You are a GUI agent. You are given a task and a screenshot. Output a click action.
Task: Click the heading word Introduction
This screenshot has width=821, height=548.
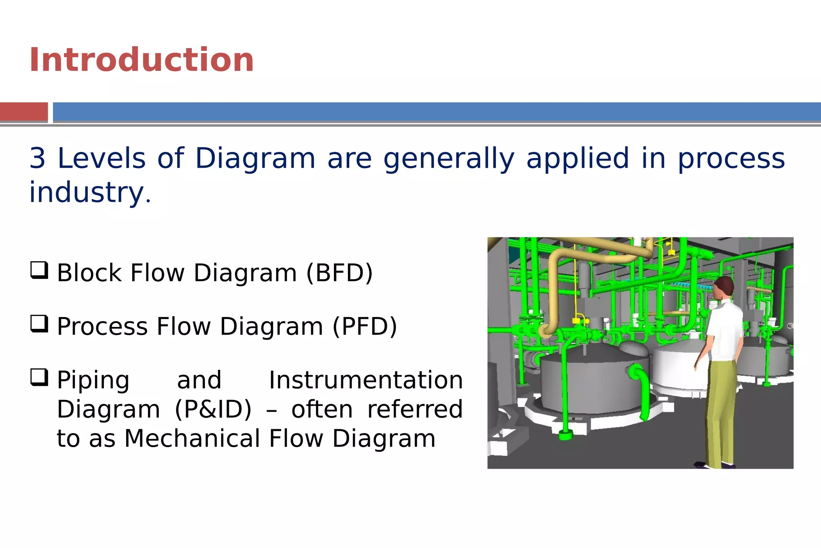141,60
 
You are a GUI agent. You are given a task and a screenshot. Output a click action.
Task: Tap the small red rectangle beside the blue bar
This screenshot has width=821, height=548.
24,112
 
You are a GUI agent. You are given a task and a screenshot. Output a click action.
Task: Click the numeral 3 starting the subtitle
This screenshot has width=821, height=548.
38,158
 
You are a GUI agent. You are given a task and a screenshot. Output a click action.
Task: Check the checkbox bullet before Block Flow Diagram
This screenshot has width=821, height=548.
39,270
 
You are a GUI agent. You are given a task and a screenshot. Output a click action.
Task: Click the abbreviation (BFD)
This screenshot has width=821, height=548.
339,273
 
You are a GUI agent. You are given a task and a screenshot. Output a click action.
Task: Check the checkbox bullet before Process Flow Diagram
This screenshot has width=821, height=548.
39,324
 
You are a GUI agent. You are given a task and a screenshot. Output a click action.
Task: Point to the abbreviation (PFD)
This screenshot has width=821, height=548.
364,327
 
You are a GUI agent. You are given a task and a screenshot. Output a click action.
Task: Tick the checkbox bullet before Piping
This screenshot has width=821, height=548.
39,378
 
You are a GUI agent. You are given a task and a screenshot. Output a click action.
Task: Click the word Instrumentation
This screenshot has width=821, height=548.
366,380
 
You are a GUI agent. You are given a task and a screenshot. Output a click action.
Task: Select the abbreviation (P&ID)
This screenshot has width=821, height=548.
213,410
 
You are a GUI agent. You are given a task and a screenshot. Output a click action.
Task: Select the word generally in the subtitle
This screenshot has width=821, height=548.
449,158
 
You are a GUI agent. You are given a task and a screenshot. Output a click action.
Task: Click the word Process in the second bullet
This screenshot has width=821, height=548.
103,327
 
